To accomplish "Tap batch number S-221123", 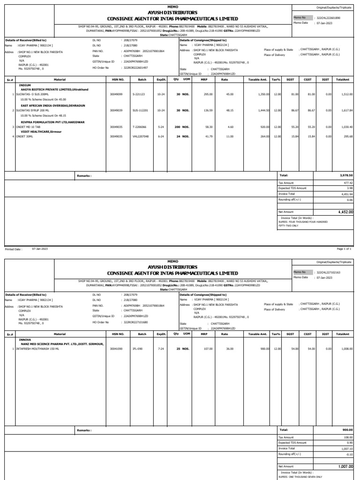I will coord(139,94).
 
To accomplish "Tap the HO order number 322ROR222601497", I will coord(135,67).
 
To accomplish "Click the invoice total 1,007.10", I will coord(346,448).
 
